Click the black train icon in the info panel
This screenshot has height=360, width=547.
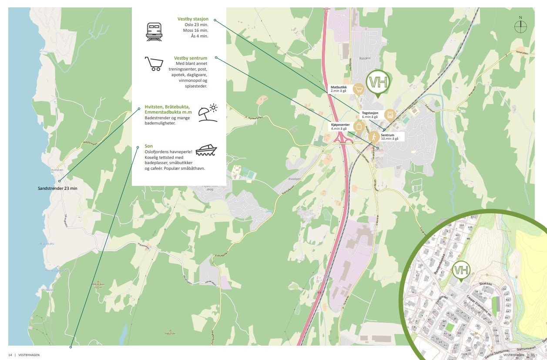(154, 32)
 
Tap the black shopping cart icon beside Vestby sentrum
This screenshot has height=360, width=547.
(154, 64)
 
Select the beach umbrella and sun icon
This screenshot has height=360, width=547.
(208, 112)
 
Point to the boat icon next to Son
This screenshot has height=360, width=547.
(206, 151)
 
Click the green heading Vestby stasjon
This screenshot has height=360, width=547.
(193, 19)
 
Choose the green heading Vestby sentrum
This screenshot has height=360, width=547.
(190, 58)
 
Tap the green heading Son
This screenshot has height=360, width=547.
(149, 146)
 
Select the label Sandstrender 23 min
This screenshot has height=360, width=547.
(57, 189)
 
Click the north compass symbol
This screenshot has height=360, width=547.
(520, 27)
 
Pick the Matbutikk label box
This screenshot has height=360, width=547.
(339, 89)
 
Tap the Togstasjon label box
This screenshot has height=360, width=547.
(370, 114)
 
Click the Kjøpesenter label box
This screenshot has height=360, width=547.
(340, 126)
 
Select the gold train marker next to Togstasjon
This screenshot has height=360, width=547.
(389, 114)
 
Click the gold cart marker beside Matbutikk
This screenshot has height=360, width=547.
(359, 90)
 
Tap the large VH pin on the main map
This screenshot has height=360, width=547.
(377, 82)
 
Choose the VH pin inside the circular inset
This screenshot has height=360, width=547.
(460, 271)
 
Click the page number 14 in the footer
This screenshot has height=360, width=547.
(10, 355)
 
